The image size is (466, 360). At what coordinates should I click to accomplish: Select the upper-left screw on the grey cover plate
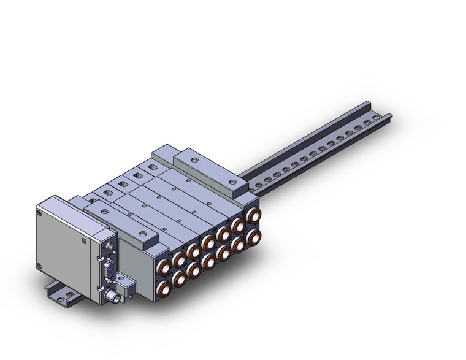click(x=40, y=214)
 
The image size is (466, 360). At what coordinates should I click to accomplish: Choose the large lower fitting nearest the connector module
click(x=163, y=288)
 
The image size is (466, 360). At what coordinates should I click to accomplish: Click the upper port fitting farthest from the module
click(x=252, y=216)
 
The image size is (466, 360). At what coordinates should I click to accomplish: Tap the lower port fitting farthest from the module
click(x=252, y=237)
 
